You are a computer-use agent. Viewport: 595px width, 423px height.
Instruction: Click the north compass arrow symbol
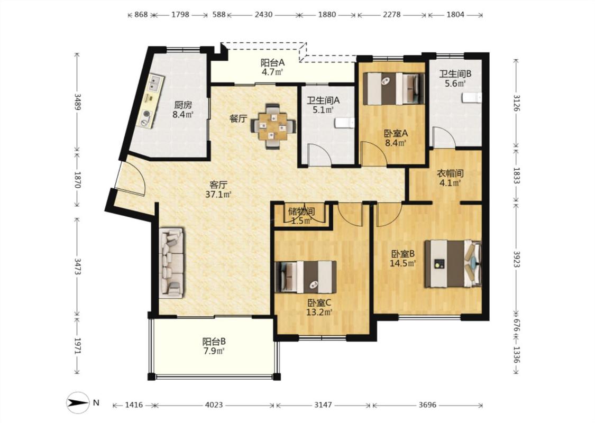coord(78,402)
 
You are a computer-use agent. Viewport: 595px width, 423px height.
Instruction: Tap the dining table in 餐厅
coord(273,125)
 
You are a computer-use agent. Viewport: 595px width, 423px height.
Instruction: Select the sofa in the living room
coord(171,263)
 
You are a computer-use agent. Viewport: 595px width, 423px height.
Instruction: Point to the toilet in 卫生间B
coord(472,97)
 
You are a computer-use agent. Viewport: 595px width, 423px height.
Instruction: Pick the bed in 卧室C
coord(306,277)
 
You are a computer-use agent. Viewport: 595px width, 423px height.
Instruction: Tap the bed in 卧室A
coord(393,88)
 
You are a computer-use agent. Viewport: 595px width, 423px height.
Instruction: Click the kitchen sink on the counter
coord(155,84)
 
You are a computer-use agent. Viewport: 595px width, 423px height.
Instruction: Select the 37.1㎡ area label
coord(218,195)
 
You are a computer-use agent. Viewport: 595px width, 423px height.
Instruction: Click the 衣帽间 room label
coord(450,174)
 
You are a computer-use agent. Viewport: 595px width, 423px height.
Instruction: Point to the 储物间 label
coord(301,212)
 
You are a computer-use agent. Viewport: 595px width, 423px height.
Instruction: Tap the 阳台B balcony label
coord(214,341)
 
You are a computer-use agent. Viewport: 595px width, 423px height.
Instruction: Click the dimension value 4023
coord(214,405)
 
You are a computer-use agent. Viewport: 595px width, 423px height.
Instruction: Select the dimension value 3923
coord(516,259)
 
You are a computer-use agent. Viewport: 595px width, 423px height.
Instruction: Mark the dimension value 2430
coord(263,15)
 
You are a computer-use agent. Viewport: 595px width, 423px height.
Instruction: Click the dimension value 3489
coord(77,102)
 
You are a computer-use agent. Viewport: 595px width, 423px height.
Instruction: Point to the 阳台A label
coord(272,62)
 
